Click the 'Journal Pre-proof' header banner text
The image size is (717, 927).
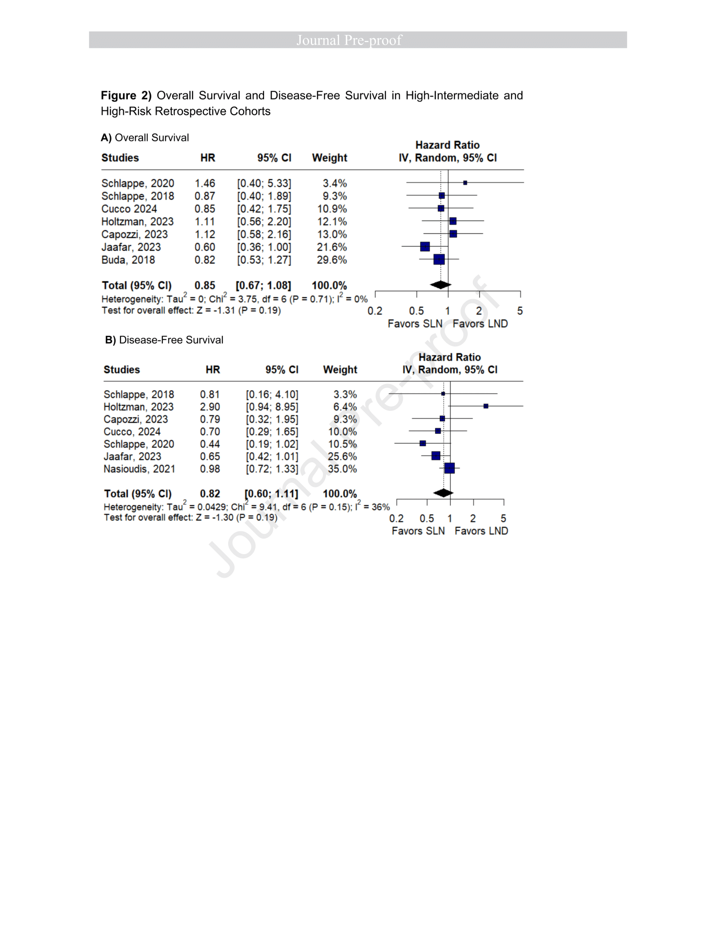[349, 40]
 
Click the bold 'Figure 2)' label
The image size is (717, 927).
[126, 96]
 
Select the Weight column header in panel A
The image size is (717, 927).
[330, 158]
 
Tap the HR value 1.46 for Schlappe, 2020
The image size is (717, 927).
[205, 183]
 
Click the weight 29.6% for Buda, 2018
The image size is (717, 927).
[332, 260]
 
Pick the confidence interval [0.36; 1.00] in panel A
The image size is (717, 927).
[264, 247]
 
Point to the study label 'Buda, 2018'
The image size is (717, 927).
[128, 260]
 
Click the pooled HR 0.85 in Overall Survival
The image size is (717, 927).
[205, 285]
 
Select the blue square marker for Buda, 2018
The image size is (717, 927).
[439, 259]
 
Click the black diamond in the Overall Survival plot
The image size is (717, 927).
[440, 285]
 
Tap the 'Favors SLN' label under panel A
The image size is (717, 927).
[415, 324]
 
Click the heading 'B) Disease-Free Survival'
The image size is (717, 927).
[164, 340]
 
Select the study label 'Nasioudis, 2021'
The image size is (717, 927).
[139, 469]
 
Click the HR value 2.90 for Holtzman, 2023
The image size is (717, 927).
[210, 407]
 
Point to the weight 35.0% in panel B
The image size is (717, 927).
[342, 469]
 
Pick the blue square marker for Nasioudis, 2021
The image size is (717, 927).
[450, 468]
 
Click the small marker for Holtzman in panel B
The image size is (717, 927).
[486, 406]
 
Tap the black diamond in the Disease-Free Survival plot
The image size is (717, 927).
[443, 493]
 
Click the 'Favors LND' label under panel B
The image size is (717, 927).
[481, 531]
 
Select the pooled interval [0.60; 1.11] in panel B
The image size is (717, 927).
[272, 494]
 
